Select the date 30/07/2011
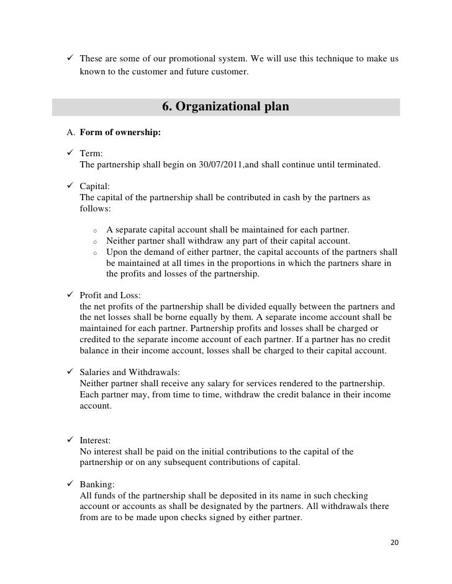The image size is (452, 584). (x=203, y=166)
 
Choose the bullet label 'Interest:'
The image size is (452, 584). (x=96, y=441)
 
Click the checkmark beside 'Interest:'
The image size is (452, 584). (x=71, y=441)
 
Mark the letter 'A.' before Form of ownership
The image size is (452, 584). (x=71, y=133)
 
